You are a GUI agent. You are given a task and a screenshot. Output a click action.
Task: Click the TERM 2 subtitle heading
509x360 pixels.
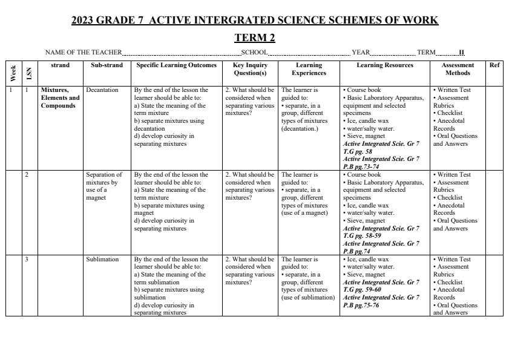coord(255,38)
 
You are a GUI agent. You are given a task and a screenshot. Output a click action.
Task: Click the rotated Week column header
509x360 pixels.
coord(13,73)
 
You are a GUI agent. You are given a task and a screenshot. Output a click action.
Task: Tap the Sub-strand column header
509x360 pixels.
coord(107,65)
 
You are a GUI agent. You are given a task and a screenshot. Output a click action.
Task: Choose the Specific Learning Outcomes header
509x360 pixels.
coord(176,65)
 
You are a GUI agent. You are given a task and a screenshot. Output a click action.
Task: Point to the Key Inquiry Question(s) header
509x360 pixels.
coord(250,69)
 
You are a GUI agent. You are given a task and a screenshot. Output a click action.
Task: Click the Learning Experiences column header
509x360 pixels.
coord(309,69)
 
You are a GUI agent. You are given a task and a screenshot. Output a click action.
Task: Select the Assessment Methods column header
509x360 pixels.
coord(458,69)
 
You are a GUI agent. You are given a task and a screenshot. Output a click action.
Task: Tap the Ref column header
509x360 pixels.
coord(494,65)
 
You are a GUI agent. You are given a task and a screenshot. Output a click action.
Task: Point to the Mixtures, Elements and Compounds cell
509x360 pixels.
coord(60,98)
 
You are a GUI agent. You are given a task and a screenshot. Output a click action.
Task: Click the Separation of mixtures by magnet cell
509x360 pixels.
coord(104,186)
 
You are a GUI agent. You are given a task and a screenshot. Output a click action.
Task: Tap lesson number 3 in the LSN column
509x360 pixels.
coord(27,260)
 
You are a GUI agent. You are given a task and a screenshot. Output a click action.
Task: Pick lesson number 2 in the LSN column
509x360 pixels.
coord(27,175)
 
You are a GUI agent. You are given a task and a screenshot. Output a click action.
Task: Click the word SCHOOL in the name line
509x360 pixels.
coord(254,53)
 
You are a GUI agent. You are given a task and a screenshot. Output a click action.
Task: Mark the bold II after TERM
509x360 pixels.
coord(462,53)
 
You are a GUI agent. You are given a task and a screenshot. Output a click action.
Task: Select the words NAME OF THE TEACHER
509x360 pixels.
coord(84,53)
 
